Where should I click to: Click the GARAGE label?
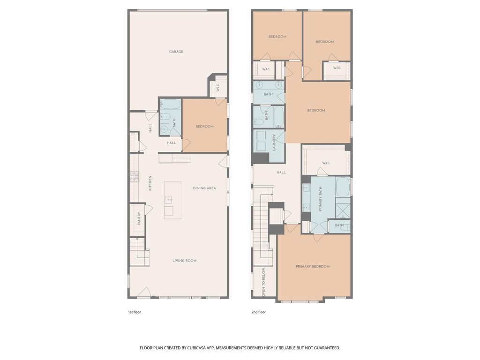point(176,52)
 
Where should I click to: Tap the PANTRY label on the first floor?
point(139,218)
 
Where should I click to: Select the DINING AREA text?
point(204,188)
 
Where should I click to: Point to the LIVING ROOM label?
point(185,261)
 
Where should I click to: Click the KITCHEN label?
point(150,183)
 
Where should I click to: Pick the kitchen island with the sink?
point(172,200)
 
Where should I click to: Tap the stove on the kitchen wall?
point(135,177)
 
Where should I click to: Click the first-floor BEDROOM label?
point(204,127)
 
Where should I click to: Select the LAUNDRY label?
point(274,142)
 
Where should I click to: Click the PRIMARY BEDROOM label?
point(313,267)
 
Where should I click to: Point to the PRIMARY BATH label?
point(321,199)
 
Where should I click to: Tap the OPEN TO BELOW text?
point(263,282)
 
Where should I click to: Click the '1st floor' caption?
point(135,312)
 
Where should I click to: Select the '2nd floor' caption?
point(259,312)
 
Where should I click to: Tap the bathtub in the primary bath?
point(343,187)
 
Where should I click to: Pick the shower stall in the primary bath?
point(343,208)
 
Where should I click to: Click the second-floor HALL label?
point(281,172)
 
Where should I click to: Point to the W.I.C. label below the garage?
point(217,88)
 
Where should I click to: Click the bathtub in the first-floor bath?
point(170,105)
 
